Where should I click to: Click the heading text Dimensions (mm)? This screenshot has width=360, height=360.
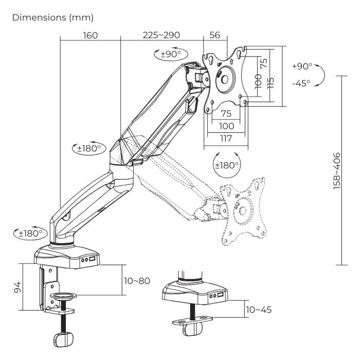coord(53,17)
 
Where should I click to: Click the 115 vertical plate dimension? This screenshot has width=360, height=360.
coord(271,81)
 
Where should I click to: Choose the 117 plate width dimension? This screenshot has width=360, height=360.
coord(226,138)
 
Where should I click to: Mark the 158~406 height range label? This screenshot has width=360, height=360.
coord(337,171)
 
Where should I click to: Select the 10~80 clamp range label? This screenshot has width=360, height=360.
coord(138,281)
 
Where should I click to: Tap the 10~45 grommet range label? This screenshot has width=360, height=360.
coord(259,310)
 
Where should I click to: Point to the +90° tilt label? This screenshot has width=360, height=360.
coord(301,66)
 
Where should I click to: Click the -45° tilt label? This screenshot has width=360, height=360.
coord(300,83)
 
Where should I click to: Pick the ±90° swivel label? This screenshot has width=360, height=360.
coord(170,54)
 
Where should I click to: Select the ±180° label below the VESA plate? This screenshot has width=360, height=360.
coord(226,165)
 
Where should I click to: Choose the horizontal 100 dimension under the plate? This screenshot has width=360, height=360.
coord(226,126)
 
